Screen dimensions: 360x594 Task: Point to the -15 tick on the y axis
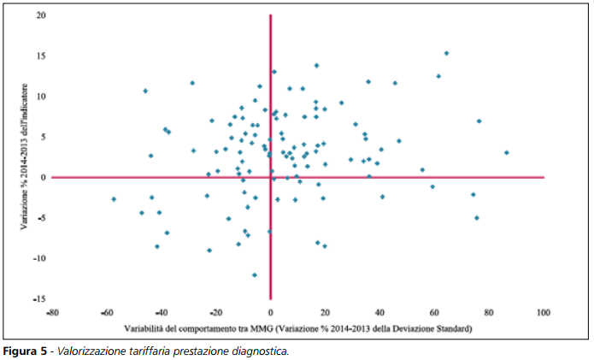click(x=40, y=298)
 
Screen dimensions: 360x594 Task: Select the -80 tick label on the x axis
click(x=52, y=312)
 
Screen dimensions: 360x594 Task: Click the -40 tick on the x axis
click(x=161, y=312)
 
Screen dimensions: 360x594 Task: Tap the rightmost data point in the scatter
click(x=507, y=153)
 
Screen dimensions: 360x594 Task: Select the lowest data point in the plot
click(x=255, y=274)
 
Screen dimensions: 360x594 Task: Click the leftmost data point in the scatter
click(x=114, y=199)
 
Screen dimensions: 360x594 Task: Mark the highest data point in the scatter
click(x=446, y=53)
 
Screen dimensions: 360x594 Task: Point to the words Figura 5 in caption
click(x=26, y=351)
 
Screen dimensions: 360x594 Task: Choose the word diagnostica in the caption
click(x=260, y=351)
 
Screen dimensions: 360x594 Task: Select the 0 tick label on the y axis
click(x=43, y=177)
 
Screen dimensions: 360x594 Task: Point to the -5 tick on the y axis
click(x=40, y=217)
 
